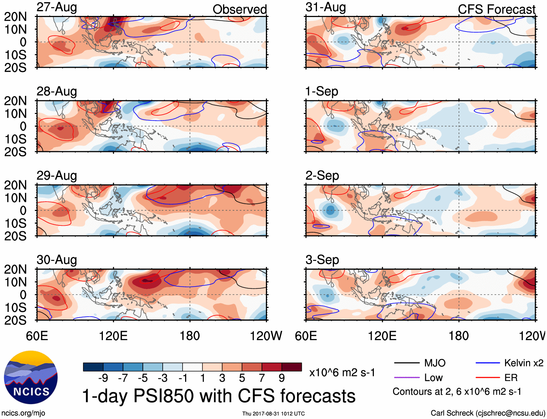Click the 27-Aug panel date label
(x=57, y=7)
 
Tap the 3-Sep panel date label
(x=322, y=260)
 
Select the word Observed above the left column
(x=239, y=9)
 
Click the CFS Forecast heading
(x=496, y=9)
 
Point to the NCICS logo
(x=31, y=377)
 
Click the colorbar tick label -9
(x=103, y=378)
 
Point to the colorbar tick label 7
(x=262, y=378)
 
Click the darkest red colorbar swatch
(x=292, y=367)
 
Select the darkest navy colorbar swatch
(x=93, y=367)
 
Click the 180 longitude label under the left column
(x=190, y=336)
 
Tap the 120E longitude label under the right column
(x=382, y=336)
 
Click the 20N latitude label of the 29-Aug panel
(x=15, y=185)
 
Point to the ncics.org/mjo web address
(x=23, y=413)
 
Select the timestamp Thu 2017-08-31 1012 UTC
(x=273, y=414)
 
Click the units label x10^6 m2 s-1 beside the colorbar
(x=342, y=373)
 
